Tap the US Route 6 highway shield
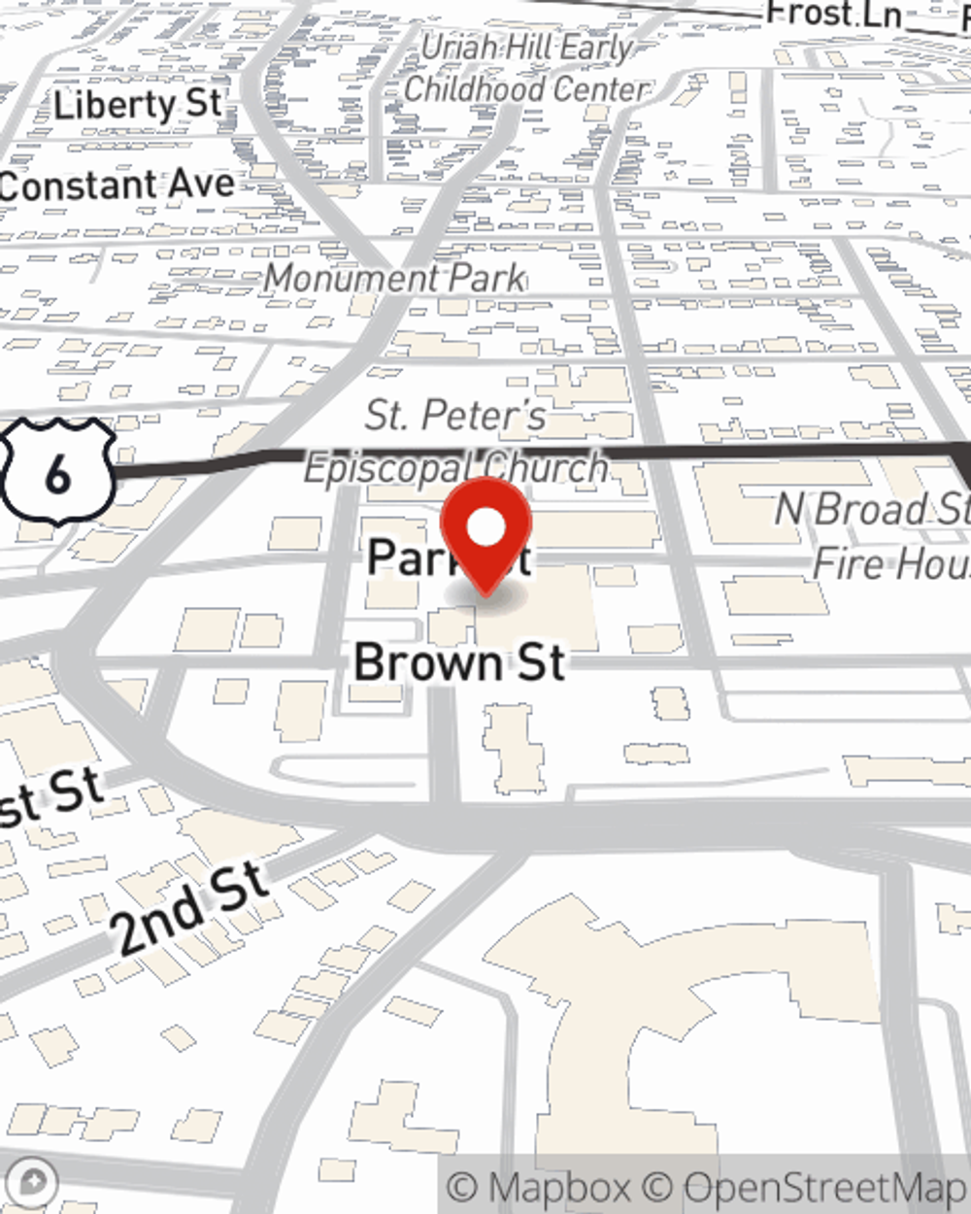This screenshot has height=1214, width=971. click(x=57, y=472)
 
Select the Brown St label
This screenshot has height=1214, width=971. click(x=459, y=662)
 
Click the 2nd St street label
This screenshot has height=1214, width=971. click(x=191, y=908)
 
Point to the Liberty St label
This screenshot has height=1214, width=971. click(x=137, y=104)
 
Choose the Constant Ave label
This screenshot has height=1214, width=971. click(x=117, y=185)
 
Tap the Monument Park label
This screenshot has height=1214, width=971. click(x=394, y=279)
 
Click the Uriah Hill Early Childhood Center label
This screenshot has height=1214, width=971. click(x=526, y=68)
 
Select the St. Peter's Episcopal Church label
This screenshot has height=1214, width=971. click(x=456, y=442)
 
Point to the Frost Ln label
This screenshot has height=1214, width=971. click(x=833, y=14)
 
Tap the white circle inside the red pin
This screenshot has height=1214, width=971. click(x=485, y=527)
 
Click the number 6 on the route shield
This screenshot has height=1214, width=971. click(x=57, y=474)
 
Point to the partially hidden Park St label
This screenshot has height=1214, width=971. click(x=408, y=558)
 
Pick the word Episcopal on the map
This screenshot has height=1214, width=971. click(x=388, y=468)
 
